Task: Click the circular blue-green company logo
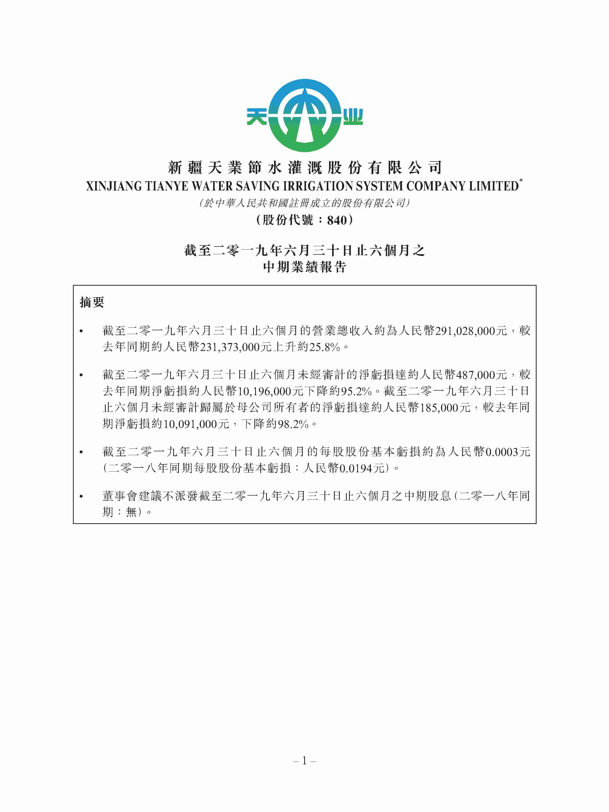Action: point(304,116)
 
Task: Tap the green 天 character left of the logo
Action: point(257,117)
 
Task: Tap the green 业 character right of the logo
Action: point(353,117)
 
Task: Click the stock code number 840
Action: point(337,220)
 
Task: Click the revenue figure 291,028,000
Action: point(465,331)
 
